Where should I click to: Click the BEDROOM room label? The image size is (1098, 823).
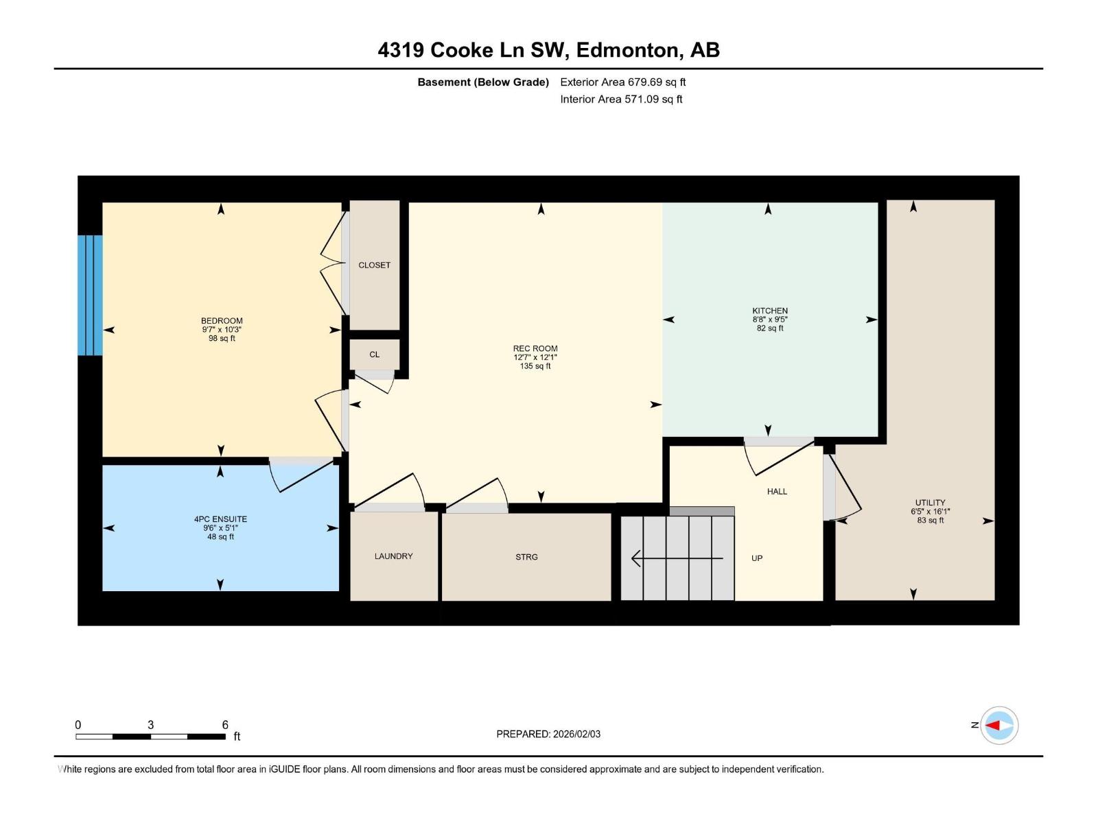click(x=222, y=321)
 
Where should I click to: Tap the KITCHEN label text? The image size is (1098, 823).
click(x=770, y=311)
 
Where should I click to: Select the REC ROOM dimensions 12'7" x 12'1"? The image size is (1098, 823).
click(x=535, y=357)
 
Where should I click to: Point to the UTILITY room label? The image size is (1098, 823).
click(x=930, y=503)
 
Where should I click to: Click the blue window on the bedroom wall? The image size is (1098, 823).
click(x=90, y=296)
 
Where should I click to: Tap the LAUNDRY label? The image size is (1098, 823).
click(x=394, y=556)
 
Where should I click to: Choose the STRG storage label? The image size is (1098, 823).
click(x=527, y=557)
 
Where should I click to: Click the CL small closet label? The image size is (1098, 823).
click(x=374, y=355)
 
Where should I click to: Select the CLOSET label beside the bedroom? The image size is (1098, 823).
click(x=374, y=265)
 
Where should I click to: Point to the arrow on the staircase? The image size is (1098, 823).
click(x=677, y=558)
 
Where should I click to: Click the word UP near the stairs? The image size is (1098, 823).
click(x=757, y=558)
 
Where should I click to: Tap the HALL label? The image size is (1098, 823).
click(x=777, y=492)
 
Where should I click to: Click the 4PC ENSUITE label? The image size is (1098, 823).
click(x=220, y=519)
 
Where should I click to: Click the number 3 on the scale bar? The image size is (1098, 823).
click(x=150, y=724)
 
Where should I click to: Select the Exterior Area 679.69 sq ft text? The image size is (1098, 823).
click(x=623, y=82)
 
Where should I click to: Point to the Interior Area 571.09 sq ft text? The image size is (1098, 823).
click(x=621, y=99)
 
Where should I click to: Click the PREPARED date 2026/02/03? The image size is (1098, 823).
click(x=576, y=734)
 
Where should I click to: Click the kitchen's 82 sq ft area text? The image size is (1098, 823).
click(x=770, y=329)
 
